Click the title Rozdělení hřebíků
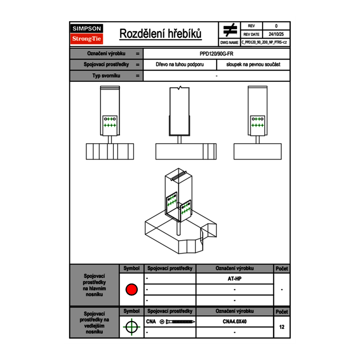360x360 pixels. point(160,34)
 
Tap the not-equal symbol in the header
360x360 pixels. point(230,30)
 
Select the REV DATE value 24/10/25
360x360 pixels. point(276,34)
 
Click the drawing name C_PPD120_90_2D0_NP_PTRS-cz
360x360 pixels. point(265,42)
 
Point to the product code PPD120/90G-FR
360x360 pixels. point(216,54)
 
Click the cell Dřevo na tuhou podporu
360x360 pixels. point(180,65)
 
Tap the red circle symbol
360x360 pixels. point(131,289)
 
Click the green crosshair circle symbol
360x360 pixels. point(131,327)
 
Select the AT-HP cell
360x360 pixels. point(234,279)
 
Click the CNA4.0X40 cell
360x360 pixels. point(234,322)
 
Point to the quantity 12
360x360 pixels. point(281,327)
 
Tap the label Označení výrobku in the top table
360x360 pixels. point(106,54)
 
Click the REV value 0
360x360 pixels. point(276,26)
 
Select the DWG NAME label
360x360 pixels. point(229,42)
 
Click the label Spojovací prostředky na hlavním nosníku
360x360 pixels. point(94,285)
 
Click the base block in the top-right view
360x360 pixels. point(257,151)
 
